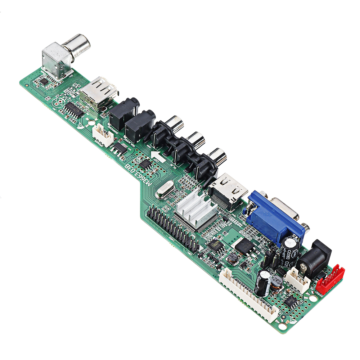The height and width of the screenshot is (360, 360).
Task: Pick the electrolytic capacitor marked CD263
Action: [x=291, y=248]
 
